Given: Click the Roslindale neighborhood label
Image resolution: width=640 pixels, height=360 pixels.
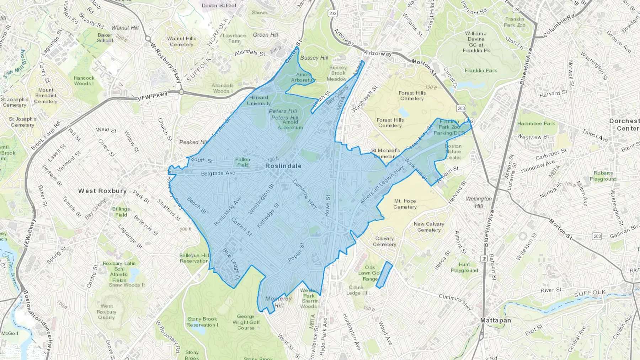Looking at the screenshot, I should coord(283,166).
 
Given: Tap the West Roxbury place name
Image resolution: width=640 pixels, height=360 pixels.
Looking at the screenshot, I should coord(102,191).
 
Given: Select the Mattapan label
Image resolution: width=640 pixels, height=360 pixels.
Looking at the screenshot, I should coord(495,320).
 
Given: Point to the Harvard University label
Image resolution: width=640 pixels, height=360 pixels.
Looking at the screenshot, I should coord(258,101).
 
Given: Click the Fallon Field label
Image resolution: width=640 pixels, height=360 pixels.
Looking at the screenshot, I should coord(243,162).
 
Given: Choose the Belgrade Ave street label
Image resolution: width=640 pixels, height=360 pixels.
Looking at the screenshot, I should coord(218,173).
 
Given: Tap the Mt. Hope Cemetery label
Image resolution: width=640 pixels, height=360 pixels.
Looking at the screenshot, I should coord(405,204).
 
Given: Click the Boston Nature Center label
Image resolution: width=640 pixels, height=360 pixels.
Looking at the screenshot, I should coord(453,152).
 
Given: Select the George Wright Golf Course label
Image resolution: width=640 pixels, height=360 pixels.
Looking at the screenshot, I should coord(246,322).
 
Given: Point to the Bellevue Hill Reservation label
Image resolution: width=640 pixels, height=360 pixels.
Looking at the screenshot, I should coord(194,258).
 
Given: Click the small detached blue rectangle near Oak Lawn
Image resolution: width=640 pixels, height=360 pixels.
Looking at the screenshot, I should coord(384,275).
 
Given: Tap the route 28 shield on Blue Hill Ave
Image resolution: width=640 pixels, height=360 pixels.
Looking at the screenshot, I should coord(484,259).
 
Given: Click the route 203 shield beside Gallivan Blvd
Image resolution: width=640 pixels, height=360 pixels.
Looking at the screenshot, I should coord(597,236).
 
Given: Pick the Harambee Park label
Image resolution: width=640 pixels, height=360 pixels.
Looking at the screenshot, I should coord(536,124).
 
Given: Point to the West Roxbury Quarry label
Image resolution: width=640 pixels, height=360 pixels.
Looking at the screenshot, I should coord(106,312).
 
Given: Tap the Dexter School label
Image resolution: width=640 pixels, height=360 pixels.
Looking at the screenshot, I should coord(219,5).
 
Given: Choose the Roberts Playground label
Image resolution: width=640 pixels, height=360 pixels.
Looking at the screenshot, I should coord(603,176).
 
